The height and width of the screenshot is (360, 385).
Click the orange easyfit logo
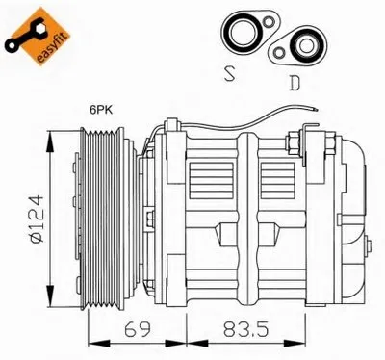tap(38, 37)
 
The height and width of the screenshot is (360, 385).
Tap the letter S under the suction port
tap(229, 73)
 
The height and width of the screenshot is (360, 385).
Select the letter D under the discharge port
tap(295, 83)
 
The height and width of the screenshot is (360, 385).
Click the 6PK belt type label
tap(101, 110)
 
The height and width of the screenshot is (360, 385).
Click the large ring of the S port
tap(241, 32)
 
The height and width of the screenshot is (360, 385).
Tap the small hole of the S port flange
tap(268, 22)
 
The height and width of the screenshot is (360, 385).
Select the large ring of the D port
tap(305, 45)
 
